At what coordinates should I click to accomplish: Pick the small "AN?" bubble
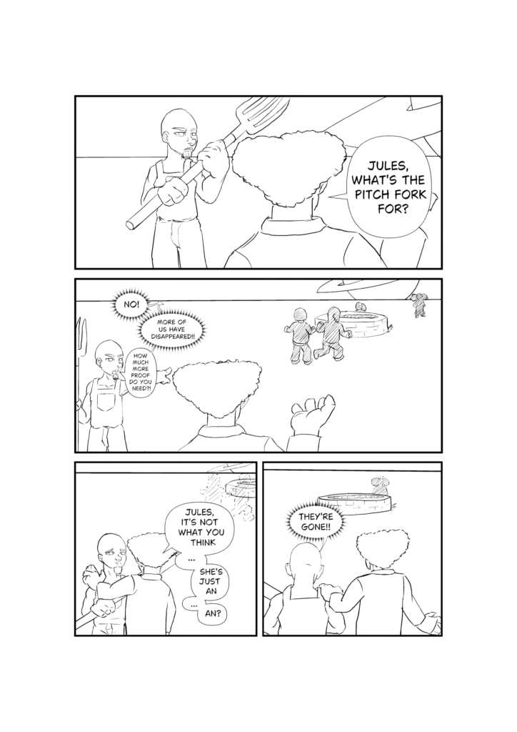[x=212, y=613]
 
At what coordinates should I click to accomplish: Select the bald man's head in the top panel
[x=176, y=130]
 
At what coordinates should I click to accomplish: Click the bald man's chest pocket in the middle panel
[x=108, y=399]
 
